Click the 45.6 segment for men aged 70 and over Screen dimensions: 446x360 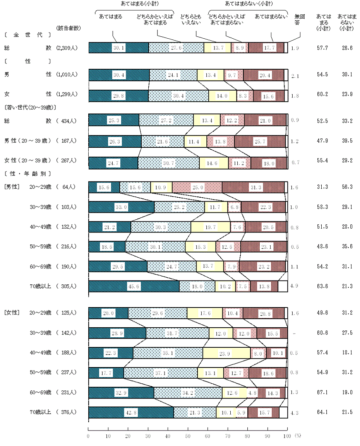pos(134,286)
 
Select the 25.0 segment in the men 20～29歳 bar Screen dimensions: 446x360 pos(197,187)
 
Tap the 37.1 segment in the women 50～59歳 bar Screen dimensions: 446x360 pos(161,373)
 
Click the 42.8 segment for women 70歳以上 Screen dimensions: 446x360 pos(131,412)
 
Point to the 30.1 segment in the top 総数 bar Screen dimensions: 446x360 pos(118,48)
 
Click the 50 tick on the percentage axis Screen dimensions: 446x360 pos(188,436)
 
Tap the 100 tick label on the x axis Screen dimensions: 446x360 pos(287,436)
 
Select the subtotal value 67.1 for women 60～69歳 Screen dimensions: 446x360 pos(322,393)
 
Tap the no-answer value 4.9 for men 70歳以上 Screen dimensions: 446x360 pos(294,286)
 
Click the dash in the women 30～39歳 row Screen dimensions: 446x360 pos(294,333)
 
